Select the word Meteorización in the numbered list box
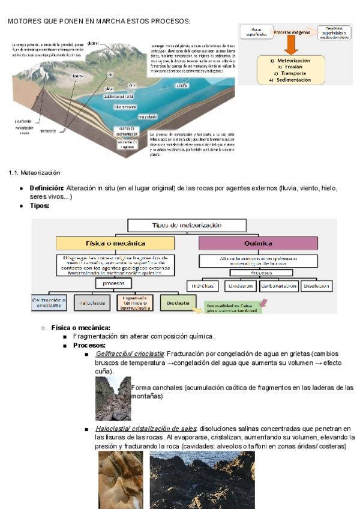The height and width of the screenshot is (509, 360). (x=294, y=61)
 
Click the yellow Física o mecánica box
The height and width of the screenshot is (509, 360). (x=115, y=244)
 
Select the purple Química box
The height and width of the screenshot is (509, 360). (x=258, y=244)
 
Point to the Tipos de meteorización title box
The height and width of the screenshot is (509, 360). (x=187, y=225)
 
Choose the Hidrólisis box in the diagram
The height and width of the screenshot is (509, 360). (x=202, y=286)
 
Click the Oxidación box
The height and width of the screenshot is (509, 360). (x=241, y=286)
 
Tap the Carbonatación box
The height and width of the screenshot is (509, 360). (x=279, y=286)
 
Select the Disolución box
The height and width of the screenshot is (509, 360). (x=317, y=286)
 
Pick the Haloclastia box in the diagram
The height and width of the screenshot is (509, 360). (x=92, y=304)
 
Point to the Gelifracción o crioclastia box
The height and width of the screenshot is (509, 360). (x=49, y=303)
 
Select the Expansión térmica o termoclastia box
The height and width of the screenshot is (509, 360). (x=135, y=303)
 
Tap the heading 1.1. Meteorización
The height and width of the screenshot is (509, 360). (x=34, y=173)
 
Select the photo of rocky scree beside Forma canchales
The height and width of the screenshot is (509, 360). (x=113, y=398)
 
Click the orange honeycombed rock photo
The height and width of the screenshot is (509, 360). (x=121, y=480)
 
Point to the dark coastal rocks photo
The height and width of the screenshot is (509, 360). (x=202, y=480)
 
